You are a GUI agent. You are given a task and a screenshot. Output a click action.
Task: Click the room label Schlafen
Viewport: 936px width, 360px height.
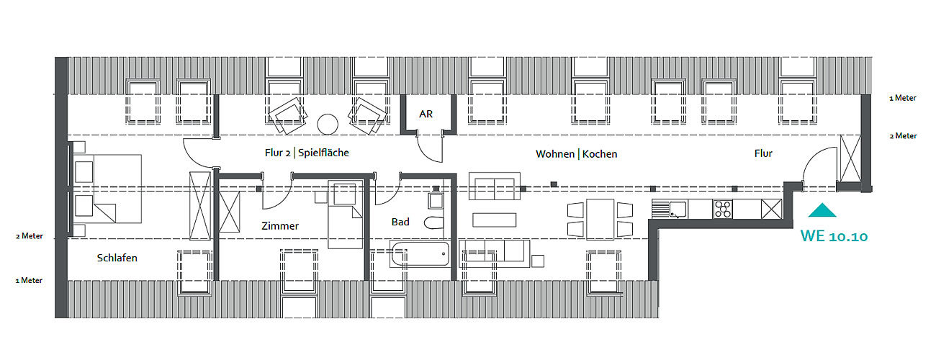point(117,258)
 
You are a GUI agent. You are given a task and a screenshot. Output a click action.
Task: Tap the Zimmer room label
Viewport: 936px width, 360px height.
point(279,226)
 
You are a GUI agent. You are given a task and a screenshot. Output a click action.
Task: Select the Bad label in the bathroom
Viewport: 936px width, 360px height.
point(400,222)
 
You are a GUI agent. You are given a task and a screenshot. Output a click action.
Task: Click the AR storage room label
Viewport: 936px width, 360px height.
point(426,114)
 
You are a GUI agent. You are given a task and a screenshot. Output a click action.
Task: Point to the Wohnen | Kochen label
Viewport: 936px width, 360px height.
point(576,154)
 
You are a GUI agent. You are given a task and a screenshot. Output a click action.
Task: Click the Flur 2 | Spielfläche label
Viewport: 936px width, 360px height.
point(307,153)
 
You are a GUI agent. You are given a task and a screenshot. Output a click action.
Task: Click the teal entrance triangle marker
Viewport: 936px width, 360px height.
point(822,210)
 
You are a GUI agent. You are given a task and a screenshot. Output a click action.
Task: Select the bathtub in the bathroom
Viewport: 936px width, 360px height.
point(420,254)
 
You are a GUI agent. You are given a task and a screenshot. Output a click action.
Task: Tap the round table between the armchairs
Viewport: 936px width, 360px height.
point(328,123)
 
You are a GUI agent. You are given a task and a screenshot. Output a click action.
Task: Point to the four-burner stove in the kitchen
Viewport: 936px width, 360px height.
point(722,210)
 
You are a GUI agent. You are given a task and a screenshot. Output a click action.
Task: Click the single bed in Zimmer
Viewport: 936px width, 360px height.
point(346,215)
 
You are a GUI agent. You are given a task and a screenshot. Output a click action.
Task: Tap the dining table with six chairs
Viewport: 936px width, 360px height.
point(600,220)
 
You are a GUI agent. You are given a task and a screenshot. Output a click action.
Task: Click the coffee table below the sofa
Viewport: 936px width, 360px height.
point(494,220)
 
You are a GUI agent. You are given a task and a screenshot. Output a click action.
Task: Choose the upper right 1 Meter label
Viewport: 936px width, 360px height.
point(902,99)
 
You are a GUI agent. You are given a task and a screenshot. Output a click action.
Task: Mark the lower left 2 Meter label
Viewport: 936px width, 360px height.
point(30,236)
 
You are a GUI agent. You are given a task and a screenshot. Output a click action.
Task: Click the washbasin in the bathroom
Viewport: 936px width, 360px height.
point(435,199)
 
